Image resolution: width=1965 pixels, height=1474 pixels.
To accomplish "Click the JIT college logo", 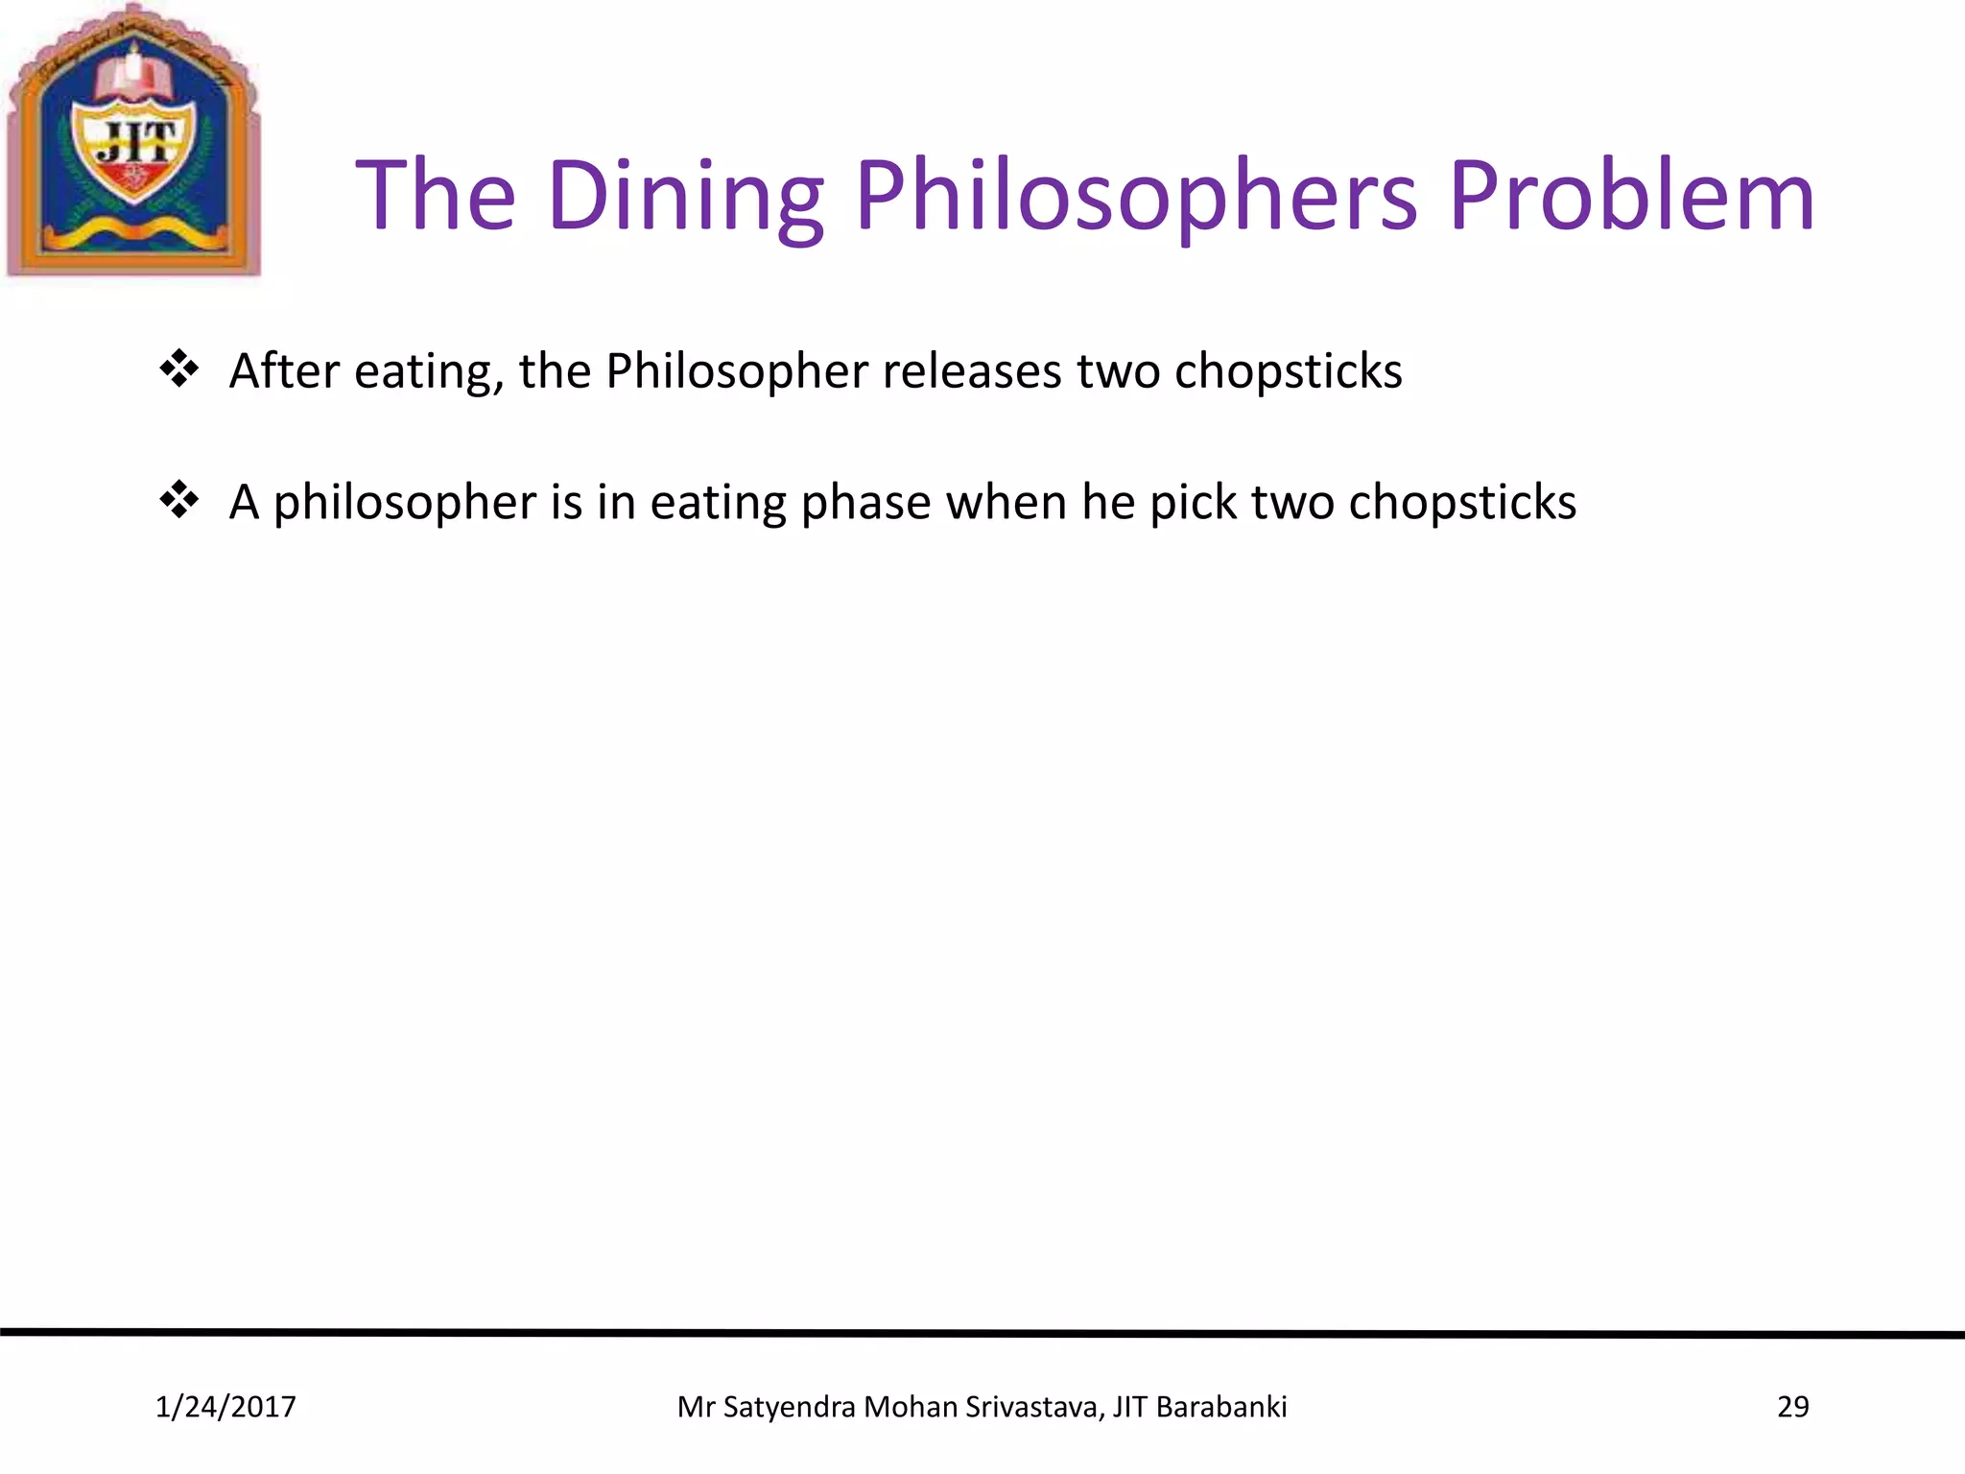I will click(x=133, y=141).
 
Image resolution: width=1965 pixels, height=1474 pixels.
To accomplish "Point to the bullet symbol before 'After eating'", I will click(x=179, y=368).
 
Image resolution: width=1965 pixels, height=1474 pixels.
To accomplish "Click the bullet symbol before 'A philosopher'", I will click(x=179, y=500).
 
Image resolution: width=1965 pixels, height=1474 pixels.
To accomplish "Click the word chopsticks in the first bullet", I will click(x=1288, y=371).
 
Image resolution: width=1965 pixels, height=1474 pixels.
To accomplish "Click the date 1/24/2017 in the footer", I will click(x=225, y=1407).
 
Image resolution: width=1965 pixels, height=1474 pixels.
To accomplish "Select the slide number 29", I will click(x=1792, y=1407).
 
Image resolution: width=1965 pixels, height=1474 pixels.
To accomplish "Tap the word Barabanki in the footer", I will click(x=1221, y=1407).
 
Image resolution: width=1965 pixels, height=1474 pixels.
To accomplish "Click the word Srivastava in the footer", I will click(x=1034, y=1407).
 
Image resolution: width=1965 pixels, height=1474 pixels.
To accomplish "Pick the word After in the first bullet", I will click(x=285, y=371).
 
